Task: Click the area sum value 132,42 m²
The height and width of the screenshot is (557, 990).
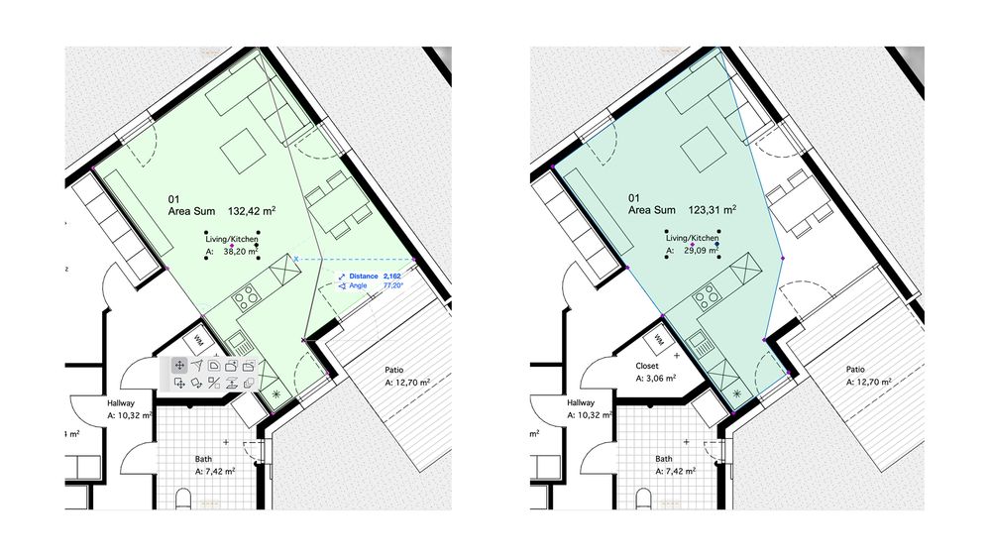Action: click(x=252, y=211)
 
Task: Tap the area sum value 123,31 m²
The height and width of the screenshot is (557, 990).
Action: click(x=712, y=210)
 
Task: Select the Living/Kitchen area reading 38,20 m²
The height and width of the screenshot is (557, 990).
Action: click(x=240, y=252)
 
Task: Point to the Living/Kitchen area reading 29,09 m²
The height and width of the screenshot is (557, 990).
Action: click(x=701, y=251)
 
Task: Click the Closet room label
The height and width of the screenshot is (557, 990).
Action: click(x=646, y=366)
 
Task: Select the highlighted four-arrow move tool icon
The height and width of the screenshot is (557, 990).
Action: click(x=180, y=366)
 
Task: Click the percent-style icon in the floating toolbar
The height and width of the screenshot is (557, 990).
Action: click(x=214, y=383)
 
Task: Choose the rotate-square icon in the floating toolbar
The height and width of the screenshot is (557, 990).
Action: click(x=197, y=383)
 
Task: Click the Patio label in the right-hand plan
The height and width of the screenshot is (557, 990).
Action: click(x=855, y=370)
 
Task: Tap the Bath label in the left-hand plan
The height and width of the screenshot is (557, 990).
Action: click(x=203, y=459)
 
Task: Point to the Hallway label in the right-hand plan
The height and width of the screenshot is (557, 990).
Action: click(x=581, y=403)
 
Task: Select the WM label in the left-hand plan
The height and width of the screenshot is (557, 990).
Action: click(x=200, y=339)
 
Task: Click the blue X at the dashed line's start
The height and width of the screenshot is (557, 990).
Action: click(x=296, y=259)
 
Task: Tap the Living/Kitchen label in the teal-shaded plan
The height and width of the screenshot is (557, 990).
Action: click(x=692, y=238)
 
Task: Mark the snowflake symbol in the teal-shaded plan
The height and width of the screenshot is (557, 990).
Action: click(x=736, y=392)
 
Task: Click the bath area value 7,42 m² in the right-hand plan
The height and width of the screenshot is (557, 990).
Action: click(x=676, y=471)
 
